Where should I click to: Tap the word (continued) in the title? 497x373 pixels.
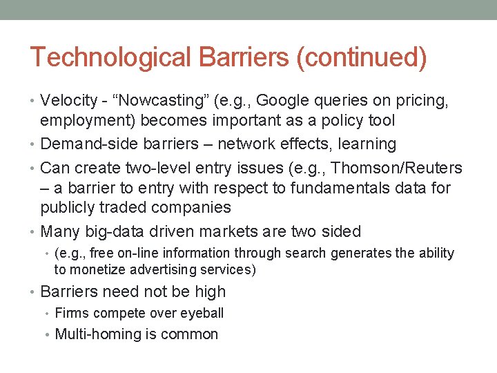tap(361, 57)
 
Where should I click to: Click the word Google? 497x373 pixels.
tap(277, 101)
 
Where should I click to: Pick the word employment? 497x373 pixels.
tap(88, 121)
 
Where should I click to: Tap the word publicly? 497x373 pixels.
tap(68, 207)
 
